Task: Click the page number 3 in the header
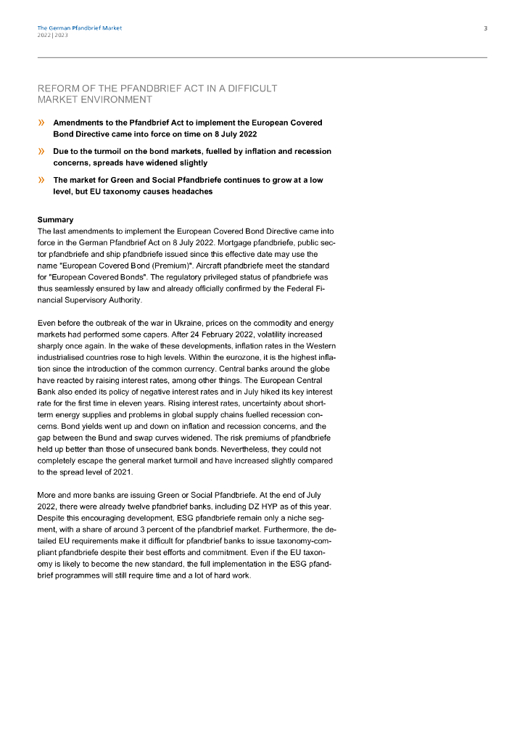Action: (x=485, y=28)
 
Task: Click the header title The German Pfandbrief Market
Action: (x=79, y=28)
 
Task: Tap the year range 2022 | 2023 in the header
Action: (x=53, y=35)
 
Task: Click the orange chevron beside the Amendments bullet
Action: (x=41, y=123)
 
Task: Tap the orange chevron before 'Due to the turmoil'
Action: (x=41, y=152)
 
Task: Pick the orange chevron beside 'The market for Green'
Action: (x=41, y=180)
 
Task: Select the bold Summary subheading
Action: (x=55, y=220)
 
